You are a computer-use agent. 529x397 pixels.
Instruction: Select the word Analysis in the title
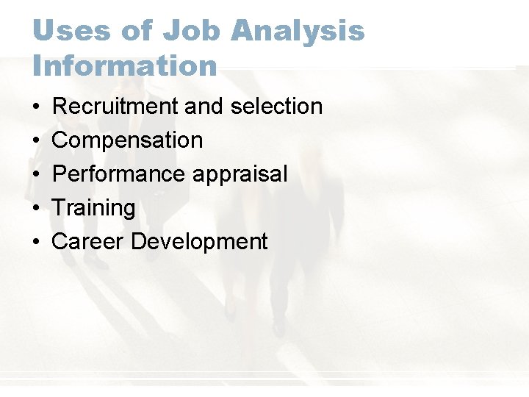pos(298,31)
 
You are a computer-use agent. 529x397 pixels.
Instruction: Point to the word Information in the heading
pos(125,65)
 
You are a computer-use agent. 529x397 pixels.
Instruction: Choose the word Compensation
pos(127,140)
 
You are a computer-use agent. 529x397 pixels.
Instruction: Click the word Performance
pos(118,174)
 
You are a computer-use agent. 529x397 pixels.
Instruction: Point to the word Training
pos(94,208)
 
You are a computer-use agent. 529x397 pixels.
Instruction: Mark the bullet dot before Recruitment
pos(36,107)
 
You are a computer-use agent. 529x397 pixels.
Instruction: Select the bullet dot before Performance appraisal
pos(36,175)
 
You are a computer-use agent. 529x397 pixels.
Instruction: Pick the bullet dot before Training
pos(36,209)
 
